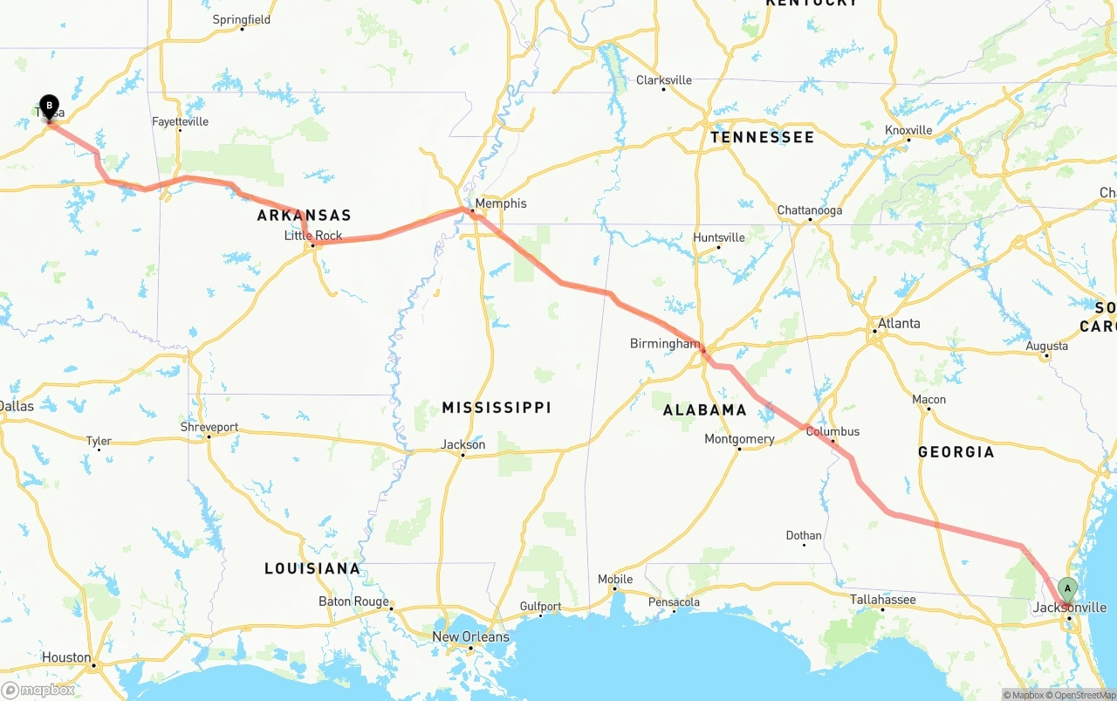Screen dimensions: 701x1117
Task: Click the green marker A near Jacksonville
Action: tap(1067, 589)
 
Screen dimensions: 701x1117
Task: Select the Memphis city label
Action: tap(500, 203)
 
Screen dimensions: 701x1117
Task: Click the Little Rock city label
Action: tap(313, 236)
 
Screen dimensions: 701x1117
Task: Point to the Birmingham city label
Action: tap(664, 344)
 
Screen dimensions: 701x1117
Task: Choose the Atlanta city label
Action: tap(898, 323)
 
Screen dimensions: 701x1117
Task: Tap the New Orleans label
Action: tap(470, 636)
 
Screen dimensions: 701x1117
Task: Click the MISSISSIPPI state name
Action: tap(497, 408)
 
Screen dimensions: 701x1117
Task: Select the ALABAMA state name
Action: tap(704, 409)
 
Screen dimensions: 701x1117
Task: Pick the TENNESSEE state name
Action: tap(762, 137)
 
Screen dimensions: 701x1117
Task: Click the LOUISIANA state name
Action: tap(312, 568)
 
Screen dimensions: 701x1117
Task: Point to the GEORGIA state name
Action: tap(956, 451)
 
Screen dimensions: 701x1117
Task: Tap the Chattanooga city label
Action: tap(810, 210)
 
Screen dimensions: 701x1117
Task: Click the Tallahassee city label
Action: tap(883, 600)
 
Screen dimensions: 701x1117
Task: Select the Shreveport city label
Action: tap(209, 427)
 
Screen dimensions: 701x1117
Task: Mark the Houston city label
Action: tap(66, 657)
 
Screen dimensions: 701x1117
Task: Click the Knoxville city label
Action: tap(908, 130)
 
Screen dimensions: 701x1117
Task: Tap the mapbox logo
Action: tap(38, 690)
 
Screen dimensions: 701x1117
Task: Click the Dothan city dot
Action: tap(804, 545)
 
